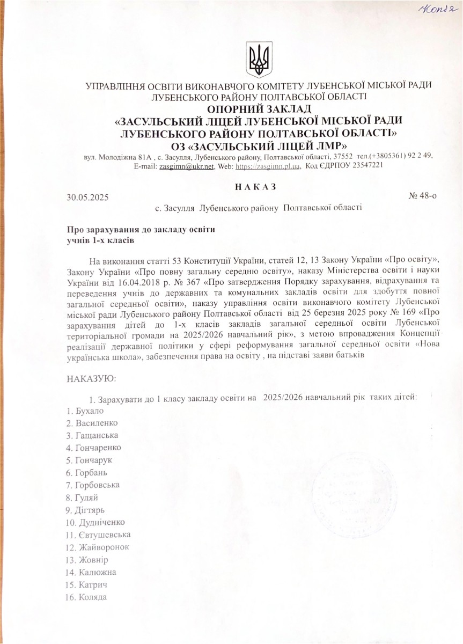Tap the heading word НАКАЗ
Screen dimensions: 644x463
pyautogui.click(x=255, y=186)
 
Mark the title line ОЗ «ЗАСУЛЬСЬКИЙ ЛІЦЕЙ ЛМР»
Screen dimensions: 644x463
pyautogui.click(x=258, y=145)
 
